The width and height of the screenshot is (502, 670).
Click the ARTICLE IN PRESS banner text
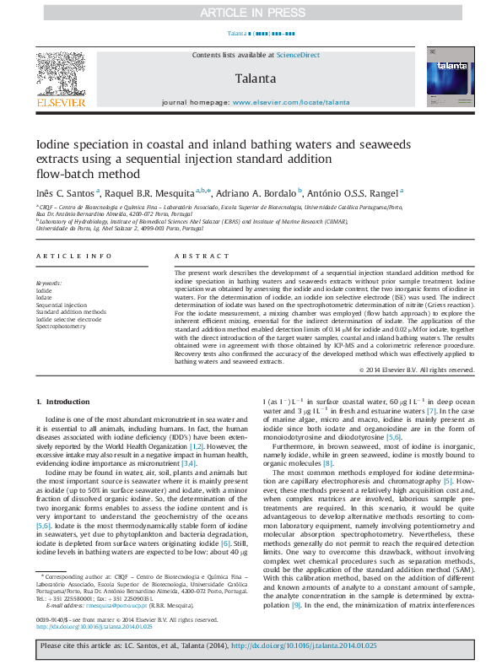(x=251, y=14)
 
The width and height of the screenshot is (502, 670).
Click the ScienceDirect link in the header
(x=299, y=55)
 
